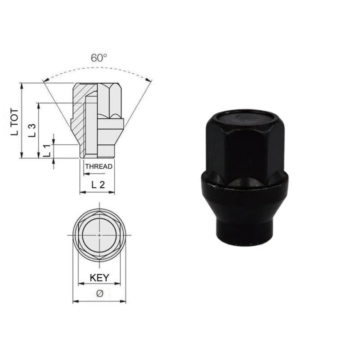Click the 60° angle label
99,58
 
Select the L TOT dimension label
14,122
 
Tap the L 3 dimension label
32,130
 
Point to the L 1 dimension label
47,151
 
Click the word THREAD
99,166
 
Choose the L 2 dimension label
98,184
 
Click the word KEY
99,278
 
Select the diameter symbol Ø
99,294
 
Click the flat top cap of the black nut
245,119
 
